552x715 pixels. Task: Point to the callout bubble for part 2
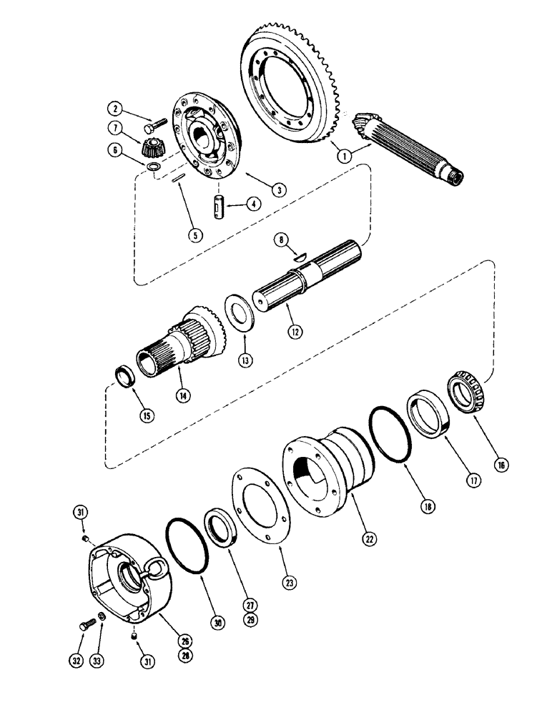[112, 109]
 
